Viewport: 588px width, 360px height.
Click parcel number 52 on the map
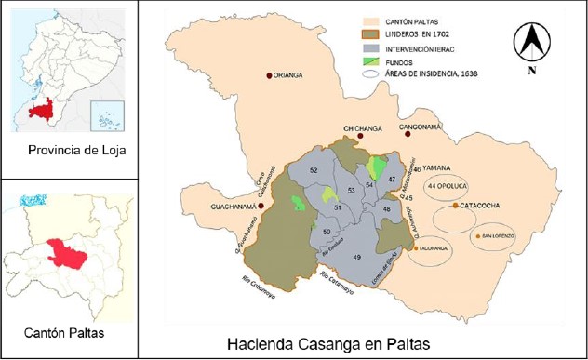click(x=314, y=171)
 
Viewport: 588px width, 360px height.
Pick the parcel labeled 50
click(x=327, y=231)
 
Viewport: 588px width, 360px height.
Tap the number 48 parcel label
click(x=387, y=210)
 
